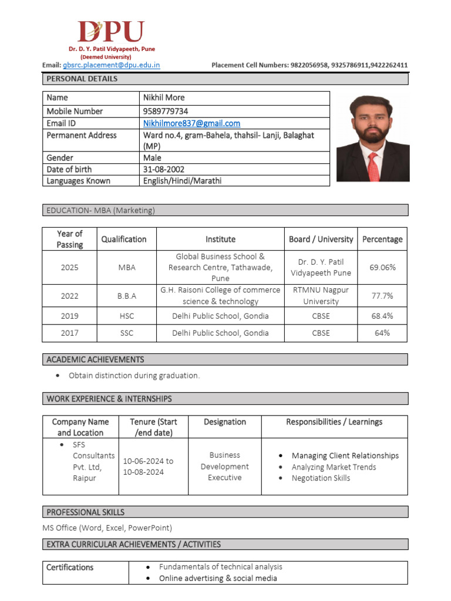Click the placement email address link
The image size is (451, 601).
click(112, 65)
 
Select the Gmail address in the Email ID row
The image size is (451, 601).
click(191, 123)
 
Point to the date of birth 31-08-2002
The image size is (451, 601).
click(164, 169)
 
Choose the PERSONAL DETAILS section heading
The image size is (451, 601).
click(82, 79)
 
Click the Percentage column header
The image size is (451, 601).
click(382, 239)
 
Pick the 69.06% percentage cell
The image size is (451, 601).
click(382, 267)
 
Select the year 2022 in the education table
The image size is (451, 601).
click(69, 296)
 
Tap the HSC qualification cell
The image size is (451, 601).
click(126, 316)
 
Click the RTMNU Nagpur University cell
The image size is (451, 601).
click(321, 295)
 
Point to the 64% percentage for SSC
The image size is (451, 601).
click(382, 333)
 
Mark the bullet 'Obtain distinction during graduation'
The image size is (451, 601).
click(134, 376)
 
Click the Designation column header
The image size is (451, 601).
click(224, 421)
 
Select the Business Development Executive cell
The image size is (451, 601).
click(224, 466)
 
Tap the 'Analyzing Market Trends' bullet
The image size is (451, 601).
click(334, 467)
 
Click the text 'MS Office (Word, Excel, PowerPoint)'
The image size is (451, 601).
click(107, 528)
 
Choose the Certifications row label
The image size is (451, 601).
click(70, 567)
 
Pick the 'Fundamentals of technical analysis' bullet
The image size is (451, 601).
click(220, 567)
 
